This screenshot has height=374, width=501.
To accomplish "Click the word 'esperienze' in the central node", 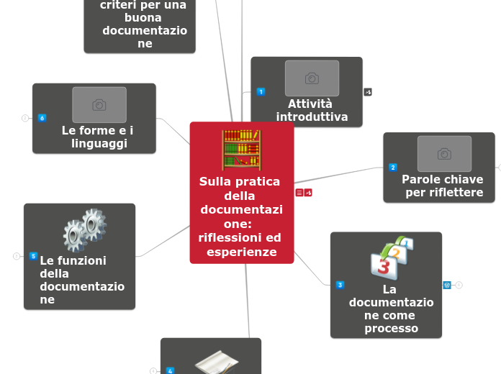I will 241,252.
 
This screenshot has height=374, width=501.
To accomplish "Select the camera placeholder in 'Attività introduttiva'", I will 312,78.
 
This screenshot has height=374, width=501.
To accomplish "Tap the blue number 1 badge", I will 261,91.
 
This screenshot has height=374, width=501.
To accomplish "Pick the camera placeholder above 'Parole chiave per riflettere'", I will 444,154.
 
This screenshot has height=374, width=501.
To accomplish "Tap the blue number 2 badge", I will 393,168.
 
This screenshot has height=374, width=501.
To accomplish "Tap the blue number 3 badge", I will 340,285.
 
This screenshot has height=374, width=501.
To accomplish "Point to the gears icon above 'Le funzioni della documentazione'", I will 85,229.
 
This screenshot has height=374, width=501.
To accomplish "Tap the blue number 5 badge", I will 33,255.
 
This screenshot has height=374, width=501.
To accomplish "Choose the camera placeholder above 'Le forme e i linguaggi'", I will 99,105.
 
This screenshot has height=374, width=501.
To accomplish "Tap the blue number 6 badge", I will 42,118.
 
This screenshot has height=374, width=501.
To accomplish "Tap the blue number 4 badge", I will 170,370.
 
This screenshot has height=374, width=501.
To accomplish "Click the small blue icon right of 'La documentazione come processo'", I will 447,285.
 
